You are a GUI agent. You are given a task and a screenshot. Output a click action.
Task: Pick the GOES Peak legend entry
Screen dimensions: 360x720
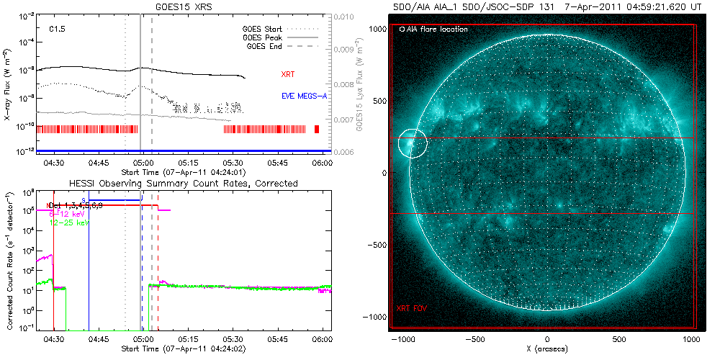click(x=263, y=37)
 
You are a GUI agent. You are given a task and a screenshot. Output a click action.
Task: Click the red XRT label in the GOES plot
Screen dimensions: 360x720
click(x=288, y=74)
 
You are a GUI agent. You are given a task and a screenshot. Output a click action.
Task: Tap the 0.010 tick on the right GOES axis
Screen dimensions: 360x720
click(x=346, y=16)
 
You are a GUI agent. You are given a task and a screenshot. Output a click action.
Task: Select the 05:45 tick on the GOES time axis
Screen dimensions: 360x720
click(x=278, y=163)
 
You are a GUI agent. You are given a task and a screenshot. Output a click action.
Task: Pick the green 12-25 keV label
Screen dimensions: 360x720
click(x=68, y=224)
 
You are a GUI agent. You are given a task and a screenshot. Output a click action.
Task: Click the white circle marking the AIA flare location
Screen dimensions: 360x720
click(x=413, y=143)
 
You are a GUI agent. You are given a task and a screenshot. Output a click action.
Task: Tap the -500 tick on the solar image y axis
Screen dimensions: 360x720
click(x=377, y=245)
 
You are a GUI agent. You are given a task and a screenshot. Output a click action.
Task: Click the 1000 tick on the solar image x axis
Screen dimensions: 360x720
click(x=691, y=338)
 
